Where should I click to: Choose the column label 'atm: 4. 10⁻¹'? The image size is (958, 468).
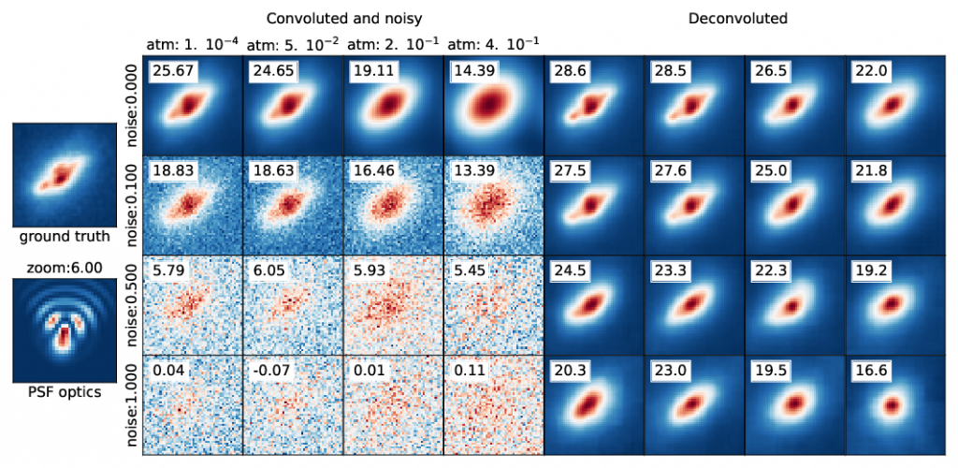(x=492, y=44)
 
